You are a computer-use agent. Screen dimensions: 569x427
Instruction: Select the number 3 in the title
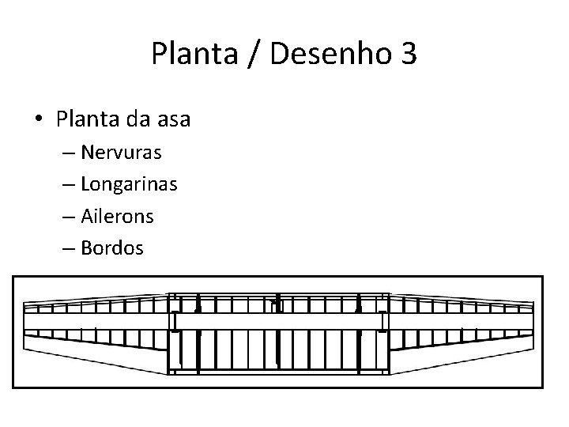[x=408, y=55]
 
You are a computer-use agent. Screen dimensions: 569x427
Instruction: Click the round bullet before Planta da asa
[x=39, y=120]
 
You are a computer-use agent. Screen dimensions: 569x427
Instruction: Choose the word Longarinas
[x=134, y=184]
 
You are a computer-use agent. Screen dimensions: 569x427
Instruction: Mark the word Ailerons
[x=122, y=216]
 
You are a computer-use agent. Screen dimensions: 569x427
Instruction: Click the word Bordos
[x=117, y=248]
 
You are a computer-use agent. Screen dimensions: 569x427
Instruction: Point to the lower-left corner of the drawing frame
[x=14, y=386]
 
